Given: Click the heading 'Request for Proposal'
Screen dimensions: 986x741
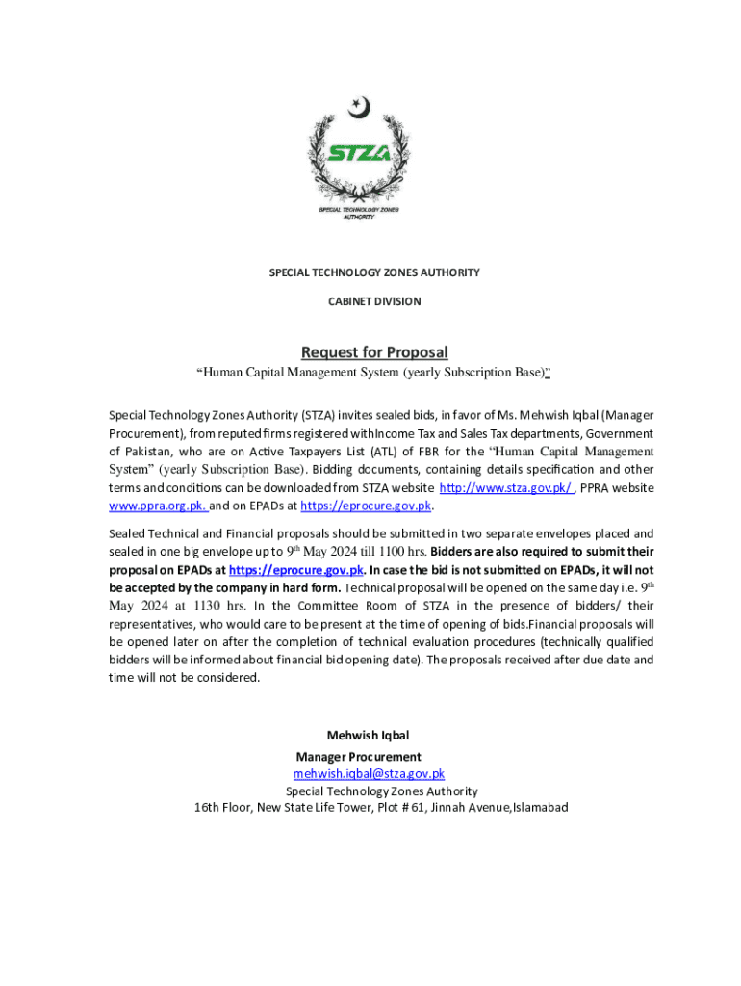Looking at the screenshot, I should [373, 351].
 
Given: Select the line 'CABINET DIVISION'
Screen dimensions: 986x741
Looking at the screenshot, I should [374, 301].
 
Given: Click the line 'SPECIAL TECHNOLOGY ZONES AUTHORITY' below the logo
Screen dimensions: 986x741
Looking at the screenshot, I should [373, 272].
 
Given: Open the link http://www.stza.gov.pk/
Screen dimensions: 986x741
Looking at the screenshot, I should [507, 487].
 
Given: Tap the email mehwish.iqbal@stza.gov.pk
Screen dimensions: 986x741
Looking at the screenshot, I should [369, 773].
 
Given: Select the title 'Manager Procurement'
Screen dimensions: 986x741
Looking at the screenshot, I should [358, 756].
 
